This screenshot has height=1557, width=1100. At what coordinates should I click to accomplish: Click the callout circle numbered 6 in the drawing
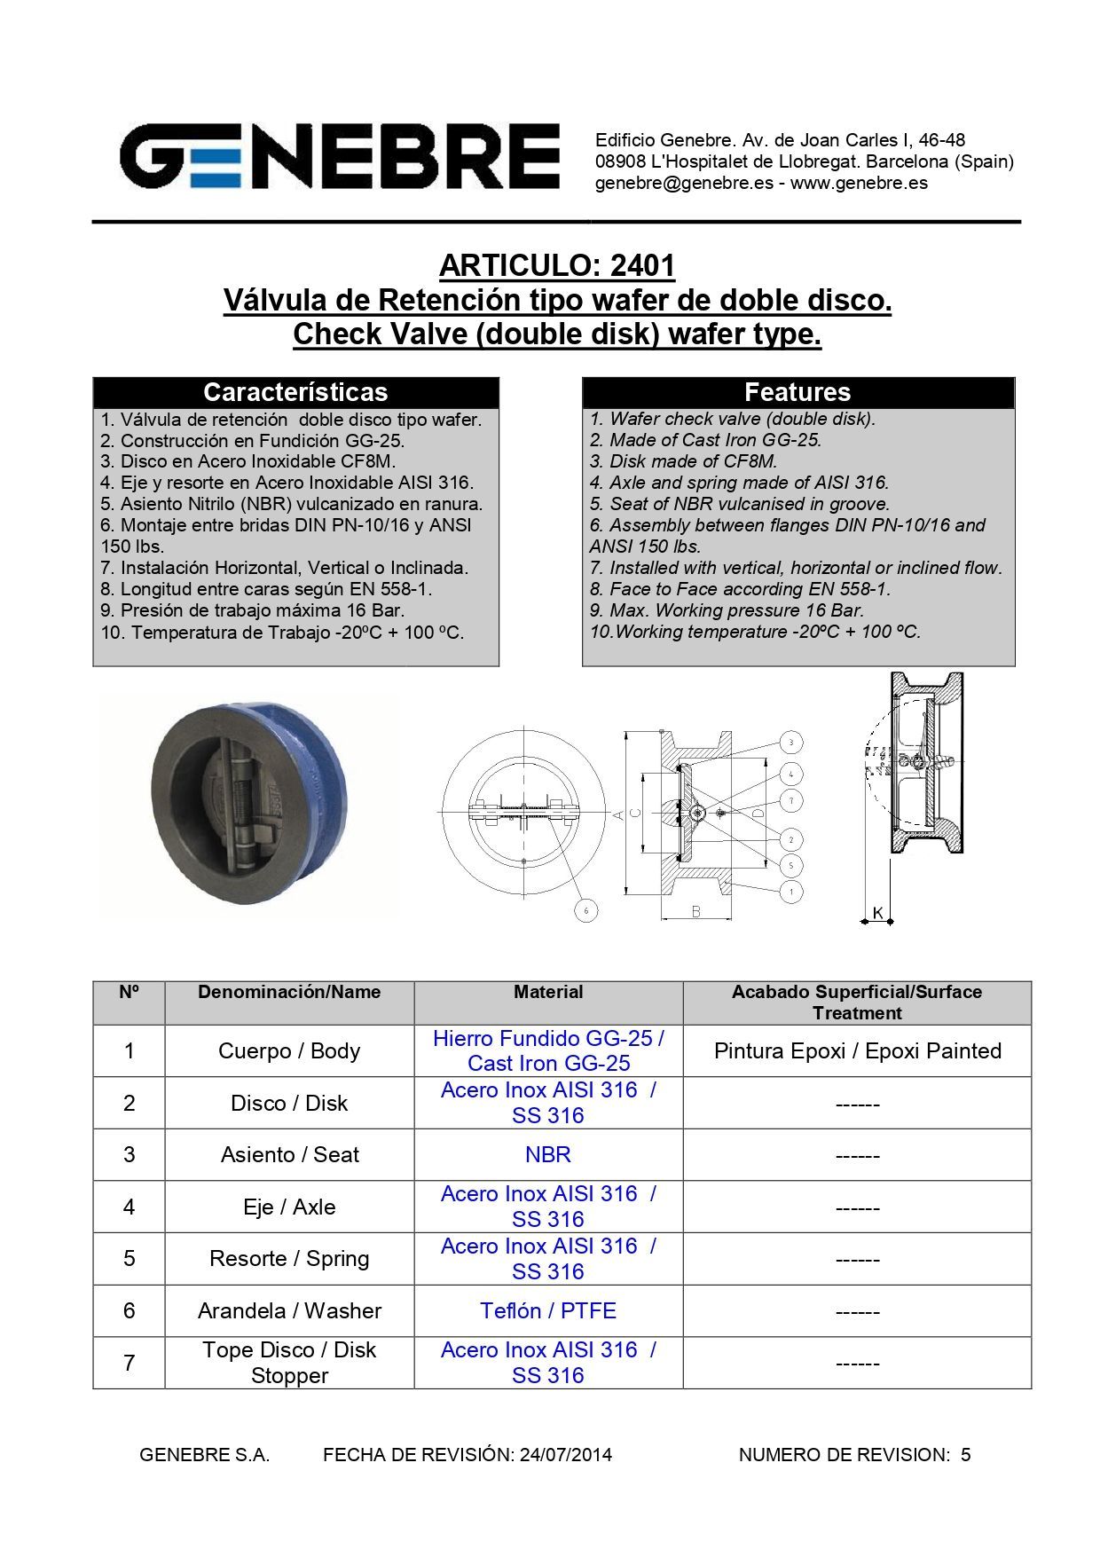585,910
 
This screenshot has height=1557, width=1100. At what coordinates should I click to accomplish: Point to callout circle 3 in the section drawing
791,742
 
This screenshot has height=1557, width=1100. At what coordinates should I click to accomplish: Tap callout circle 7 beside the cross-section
791,800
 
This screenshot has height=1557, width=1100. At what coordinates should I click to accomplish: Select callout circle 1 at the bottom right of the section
791,891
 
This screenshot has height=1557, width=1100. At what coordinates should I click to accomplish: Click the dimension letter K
877,912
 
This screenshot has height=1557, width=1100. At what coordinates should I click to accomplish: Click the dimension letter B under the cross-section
696,911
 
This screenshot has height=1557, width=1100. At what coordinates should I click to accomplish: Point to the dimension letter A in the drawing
617,814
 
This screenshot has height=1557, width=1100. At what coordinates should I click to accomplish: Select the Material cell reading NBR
548,1154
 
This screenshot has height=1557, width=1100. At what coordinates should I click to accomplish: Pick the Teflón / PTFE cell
548,1310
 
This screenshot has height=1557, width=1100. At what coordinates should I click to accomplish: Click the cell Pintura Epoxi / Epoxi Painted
857,1050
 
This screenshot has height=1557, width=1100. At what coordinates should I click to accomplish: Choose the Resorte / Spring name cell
289,1258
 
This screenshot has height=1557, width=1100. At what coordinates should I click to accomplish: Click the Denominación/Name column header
289,992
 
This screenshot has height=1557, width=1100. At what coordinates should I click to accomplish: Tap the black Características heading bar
295,392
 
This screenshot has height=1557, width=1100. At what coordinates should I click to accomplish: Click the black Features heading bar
797,392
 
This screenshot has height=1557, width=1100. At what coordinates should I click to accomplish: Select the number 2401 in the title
642,265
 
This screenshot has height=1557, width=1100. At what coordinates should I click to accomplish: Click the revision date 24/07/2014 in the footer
566,1454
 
